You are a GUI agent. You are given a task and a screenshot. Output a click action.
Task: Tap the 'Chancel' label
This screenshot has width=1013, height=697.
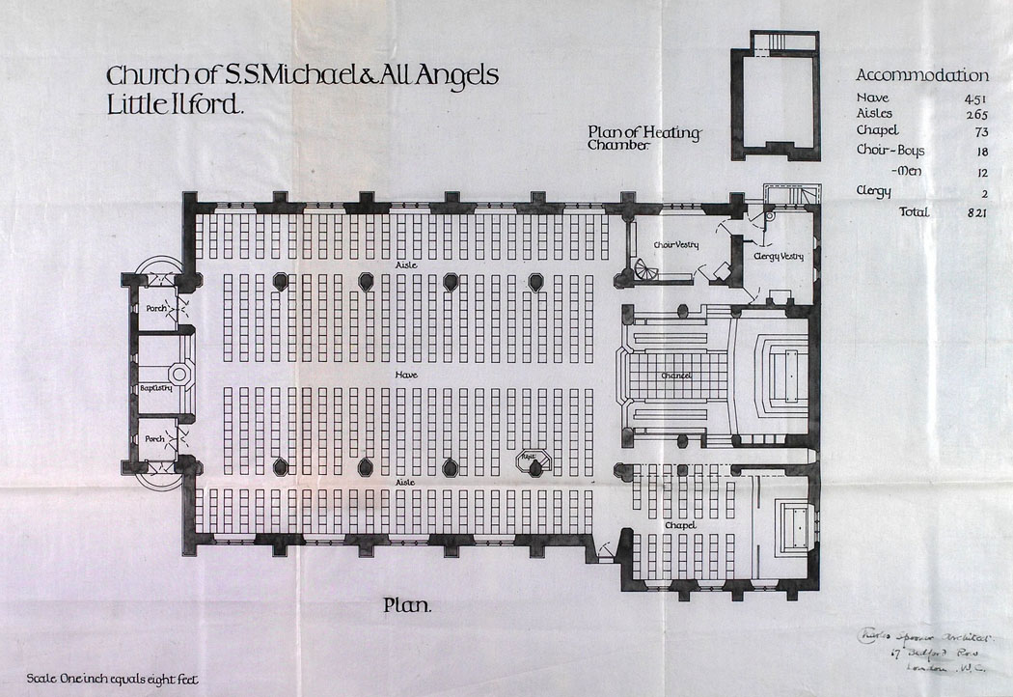pyautogui.click(x=678, y=375)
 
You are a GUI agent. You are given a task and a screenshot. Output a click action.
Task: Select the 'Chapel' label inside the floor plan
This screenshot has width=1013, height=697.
pyautogui.click(x=680, y=524)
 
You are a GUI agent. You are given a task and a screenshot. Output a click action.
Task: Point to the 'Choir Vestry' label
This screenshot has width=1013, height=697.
pyautogui.click(x=675, y=245)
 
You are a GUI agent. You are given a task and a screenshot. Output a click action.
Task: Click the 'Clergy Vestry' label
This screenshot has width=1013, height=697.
pyautogui.click(x=780, y=256)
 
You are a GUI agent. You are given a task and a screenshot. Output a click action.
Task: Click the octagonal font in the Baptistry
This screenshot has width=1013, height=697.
pyautogui.click(x=180, y=373)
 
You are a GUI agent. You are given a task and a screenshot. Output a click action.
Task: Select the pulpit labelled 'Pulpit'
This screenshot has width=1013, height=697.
pyautogui.click(x=533, y=463)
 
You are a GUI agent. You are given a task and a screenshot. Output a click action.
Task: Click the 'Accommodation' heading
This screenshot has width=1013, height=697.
pyautogui.click(x=921, y=75)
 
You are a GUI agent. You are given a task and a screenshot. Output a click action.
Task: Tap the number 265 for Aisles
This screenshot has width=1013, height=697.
pyautogui.click(x=973, y=114)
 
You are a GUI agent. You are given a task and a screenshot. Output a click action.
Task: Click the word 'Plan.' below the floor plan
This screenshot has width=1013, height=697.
pyautogui.click(x=407, y=606)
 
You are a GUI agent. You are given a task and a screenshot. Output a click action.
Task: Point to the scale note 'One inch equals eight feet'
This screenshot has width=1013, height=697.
pyautogui.click(x=113, y=679)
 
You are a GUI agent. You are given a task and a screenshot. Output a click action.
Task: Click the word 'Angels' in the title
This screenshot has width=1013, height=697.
pyautogui.click(x=457, y=76)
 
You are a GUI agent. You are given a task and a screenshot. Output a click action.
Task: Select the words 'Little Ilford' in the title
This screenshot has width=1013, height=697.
pyautogui.click(x=175, y=104)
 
